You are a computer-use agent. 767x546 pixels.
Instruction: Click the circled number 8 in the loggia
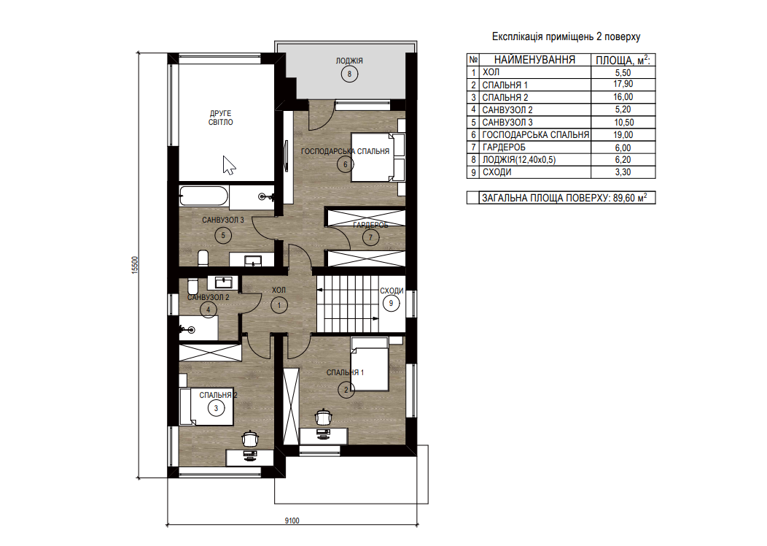point(349,74)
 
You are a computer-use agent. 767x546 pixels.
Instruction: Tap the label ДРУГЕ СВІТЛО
point(221,118)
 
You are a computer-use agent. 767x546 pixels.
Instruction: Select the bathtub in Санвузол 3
point(203,196)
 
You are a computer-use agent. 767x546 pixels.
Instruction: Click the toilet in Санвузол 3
point(203,258)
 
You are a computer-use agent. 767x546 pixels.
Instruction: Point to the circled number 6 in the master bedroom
point(346,164)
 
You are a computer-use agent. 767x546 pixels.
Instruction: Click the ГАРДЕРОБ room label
point(370,226)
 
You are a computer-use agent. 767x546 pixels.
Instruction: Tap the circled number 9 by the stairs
point(391,303)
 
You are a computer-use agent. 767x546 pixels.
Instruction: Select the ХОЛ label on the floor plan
point(279,290)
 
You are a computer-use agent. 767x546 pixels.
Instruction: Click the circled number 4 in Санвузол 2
point(209,309)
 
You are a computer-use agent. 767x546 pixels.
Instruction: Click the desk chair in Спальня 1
point(323,417)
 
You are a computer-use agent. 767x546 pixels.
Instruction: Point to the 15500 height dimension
point(135,265)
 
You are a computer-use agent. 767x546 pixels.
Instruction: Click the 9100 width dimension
point(292,520)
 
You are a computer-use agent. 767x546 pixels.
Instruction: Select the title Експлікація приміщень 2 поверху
point(566,36)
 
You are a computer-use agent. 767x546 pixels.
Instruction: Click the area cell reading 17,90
point(623,84)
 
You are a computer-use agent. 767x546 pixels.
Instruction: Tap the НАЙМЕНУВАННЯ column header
point(534,60)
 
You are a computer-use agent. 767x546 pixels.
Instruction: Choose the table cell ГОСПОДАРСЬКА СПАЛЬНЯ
point(536,134)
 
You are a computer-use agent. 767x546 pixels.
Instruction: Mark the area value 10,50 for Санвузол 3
point(623,123)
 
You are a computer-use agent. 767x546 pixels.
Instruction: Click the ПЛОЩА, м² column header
point(623,60)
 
